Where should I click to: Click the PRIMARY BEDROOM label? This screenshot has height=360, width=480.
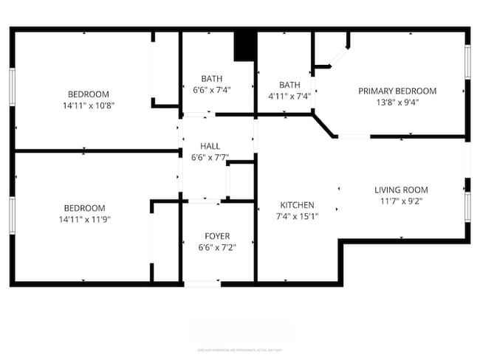click(x=397, y=91)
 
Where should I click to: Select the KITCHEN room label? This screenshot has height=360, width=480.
click(x=297, y=205)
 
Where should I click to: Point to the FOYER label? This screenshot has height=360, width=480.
click(x=217, y=236)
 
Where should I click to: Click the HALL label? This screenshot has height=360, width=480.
click(x=210, y=146)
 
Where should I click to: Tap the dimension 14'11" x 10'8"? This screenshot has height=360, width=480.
click(x=89, y=105)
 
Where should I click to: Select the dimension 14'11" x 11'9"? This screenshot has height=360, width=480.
click(x=84, y=219)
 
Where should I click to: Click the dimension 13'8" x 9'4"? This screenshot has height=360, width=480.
click(x=397, y=103)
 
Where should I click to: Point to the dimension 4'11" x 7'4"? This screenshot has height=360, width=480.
click(x=289, y=96)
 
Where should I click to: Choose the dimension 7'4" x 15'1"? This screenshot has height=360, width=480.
click(x=297, y=216)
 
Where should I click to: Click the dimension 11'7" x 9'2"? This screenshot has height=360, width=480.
click(x=401, y=201)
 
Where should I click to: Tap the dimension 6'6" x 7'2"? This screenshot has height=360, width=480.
click(x=217, y=248)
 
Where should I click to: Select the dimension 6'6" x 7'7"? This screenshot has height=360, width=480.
click(x=210, y=157)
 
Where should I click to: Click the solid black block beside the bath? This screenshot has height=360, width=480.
click(x=244, y=46)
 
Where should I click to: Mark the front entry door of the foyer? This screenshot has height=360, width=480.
click(x=202, y=283)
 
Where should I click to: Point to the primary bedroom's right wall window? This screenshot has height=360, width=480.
click(x=467, y=63)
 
